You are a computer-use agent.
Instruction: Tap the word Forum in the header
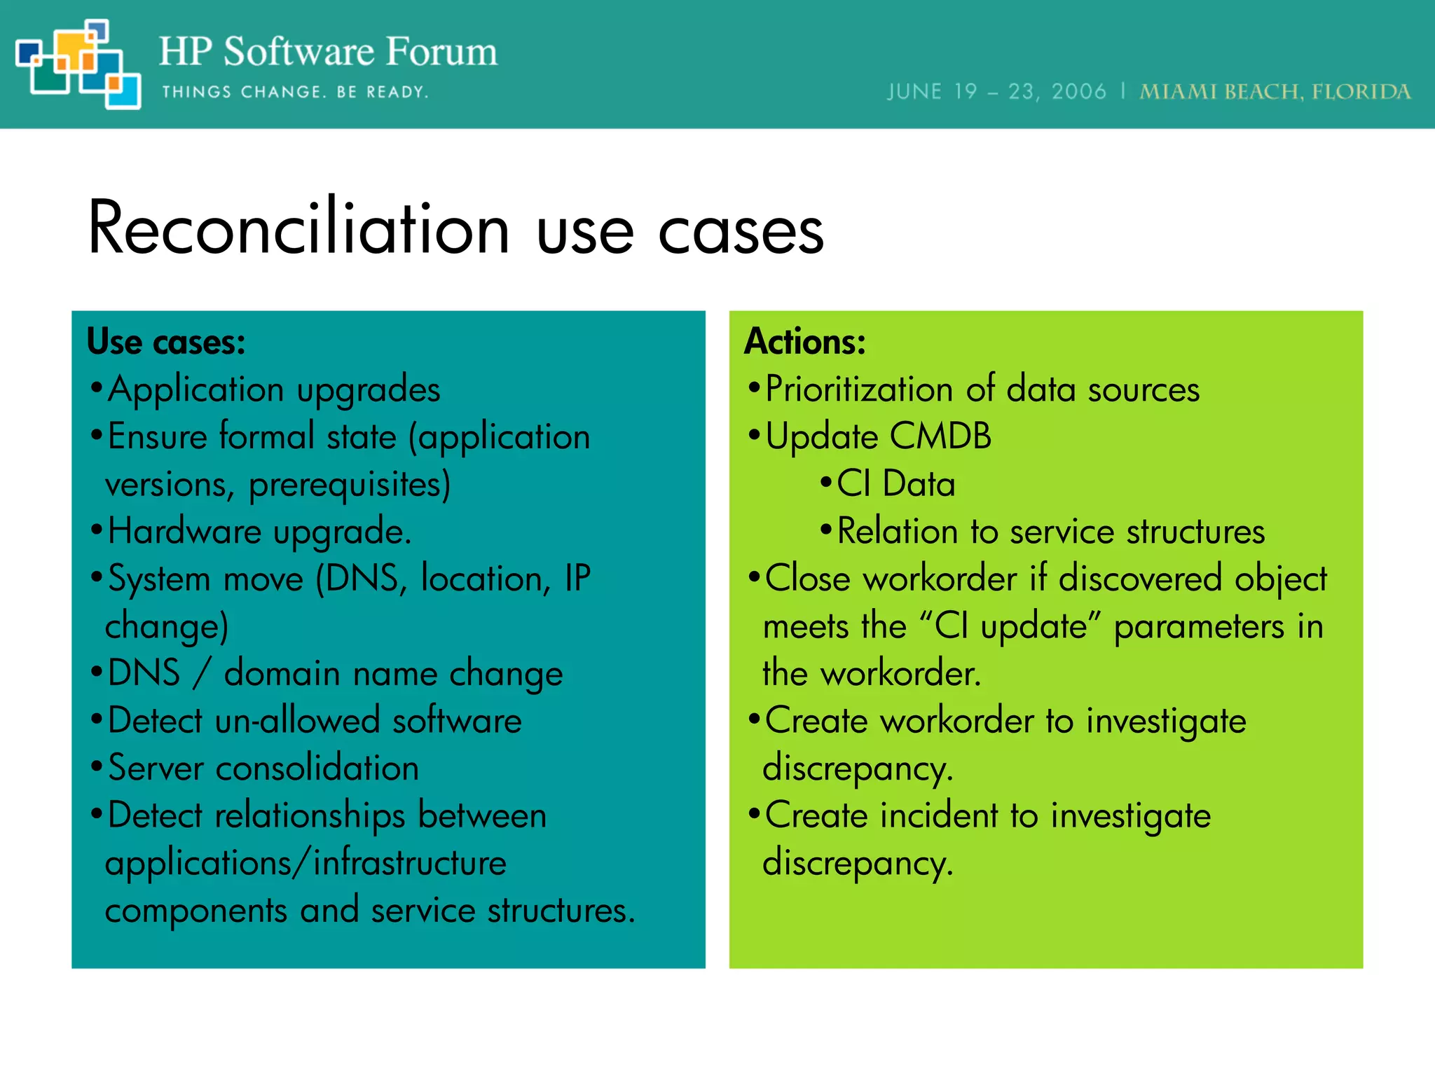[x=441, y=52]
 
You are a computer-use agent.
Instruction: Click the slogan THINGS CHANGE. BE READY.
[x=295, y=92]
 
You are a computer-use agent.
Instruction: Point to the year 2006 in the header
[x=1078, y=92]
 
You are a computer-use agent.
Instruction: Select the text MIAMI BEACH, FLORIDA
[x=1275, y=92]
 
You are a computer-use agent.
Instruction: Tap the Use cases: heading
[x=166, y=342]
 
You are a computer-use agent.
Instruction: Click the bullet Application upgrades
[x=273, y=390]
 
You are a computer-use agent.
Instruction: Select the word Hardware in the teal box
[x=185, y=531]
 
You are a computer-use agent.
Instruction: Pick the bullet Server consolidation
[x=263, y=768]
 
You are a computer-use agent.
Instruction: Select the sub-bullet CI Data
[x=895, y=484]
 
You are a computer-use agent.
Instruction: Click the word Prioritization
[x=859, y=389]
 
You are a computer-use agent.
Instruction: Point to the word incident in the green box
[x=939, y=815]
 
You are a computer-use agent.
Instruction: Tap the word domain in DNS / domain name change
[x=282, y=673]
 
